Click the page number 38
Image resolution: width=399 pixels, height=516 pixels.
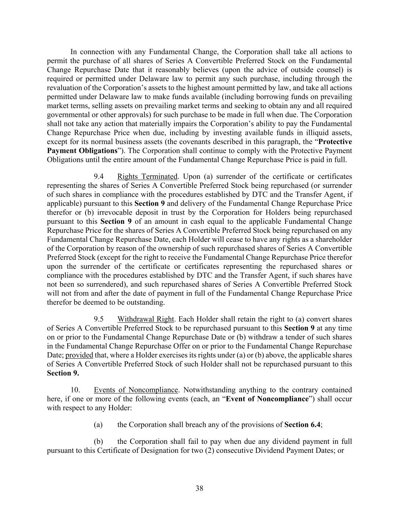point(199,488)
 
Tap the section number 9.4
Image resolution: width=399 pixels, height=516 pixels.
point(99,177)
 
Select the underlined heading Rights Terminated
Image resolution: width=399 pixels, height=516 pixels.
point(147,177)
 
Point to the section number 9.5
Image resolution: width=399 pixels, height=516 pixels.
point(99,319)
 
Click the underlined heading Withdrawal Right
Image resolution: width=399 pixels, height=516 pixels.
point(146,319)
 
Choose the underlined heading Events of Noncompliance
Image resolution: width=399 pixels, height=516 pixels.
point(136,390)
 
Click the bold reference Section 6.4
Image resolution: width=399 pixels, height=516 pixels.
point(302,425)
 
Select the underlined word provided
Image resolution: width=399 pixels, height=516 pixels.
point(79,355)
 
